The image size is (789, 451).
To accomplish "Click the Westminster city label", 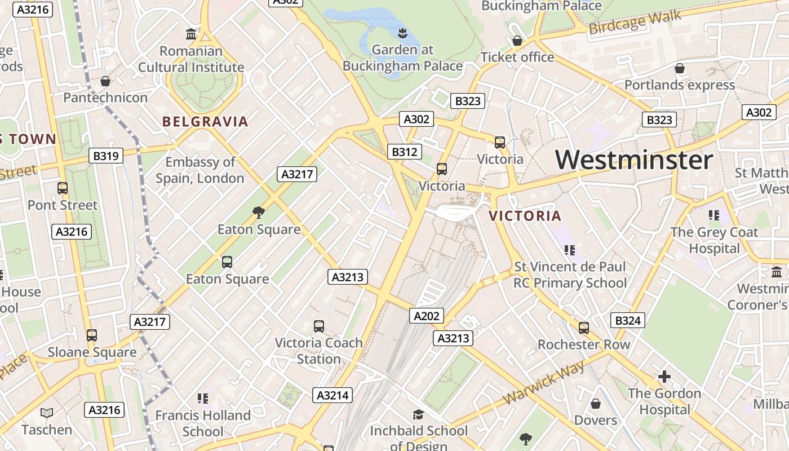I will pyautogui.click(x=634, y=160).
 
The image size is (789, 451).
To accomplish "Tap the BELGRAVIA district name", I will pyautogui.click(x=205, y=122).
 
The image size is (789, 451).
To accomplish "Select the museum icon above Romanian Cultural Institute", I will pyautogui.click(x=191, y=34).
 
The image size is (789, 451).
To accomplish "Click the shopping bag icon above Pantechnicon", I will pyautogui.click(x=105, y=82).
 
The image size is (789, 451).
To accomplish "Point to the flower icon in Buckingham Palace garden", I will pyautogui.click(x=402, y=33).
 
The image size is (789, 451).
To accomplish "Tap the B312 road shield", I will pyautogui.click(x=405, y=152).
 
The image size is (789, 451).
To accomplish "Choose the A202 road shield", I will pyautogui.click(x=426, y=316).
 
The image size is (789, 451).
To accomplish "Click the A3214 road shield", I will pyautogui.click(x=333, y=395).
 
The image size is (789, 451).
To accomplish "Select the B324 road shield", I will pyautogui.click(x=628, y=321).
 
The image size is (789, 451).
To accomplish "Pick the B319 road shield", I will pyautogui.click(x=105, y=156).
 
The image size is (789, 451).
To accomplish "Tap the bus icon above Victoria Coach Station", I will pyautogui.click(x=318, y=326).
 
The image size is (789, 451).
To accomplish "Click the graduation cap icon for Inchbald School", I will pyautogui.click(x=418, y=415).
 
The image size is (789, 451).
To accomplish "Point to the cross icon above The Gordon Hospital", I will pyautogui.click(x=664, y=377).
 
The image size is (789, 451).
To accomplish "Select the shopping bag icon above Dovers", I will pyautogui.click(x=596, y=404).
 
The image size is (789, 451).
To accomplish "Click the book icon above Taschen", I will pyautogui.click(x=47, y=413).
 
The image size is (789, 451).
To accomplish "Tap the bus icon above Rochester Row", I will pyautogui.click(x=583, y=328).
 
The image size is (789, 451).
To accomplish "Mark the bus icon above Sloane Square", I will pyautogui.click(x=91, y=336).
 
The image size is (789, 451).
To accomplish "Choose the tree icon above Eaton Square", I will pyautogui.click(x=259, y=213).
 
